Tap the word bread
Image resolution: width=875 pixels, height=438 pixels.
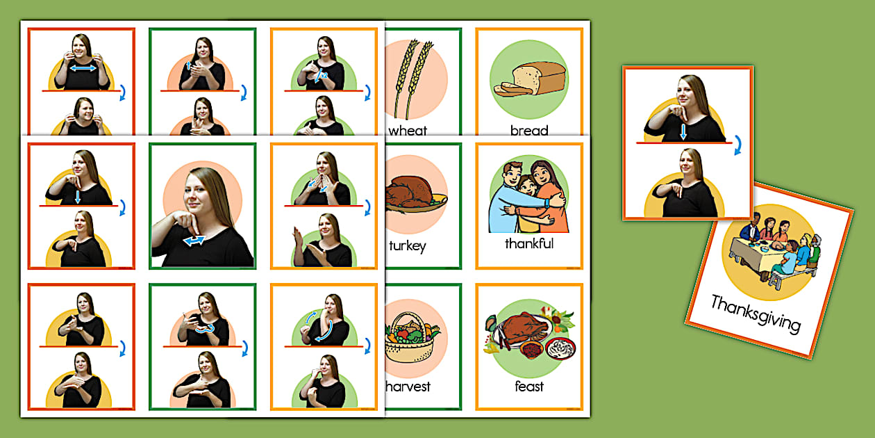pos(529,130)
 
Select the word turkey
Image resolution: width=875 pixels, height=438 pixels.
pos(408,245)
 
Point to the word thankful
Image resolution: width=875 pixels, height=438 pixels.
pos(529,244)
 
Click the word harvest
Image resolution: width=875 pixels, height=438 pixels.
pos(409,387)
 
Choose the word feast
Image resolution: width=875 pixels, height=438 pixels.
pos(529,387)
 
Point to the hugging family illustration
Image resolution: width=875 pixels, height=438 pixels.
pos(529,197)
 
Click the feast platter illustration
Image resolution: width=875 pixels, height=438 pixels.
pos(529,334)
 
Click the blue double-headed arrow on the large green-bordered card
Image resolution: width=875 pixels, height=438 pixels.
pos(194,241)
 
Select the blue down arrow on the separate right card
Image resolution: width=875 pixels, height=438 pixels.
pos(683,131)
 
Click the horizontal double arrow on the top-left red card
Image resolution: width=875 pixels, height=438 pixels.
pos(82,69)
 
